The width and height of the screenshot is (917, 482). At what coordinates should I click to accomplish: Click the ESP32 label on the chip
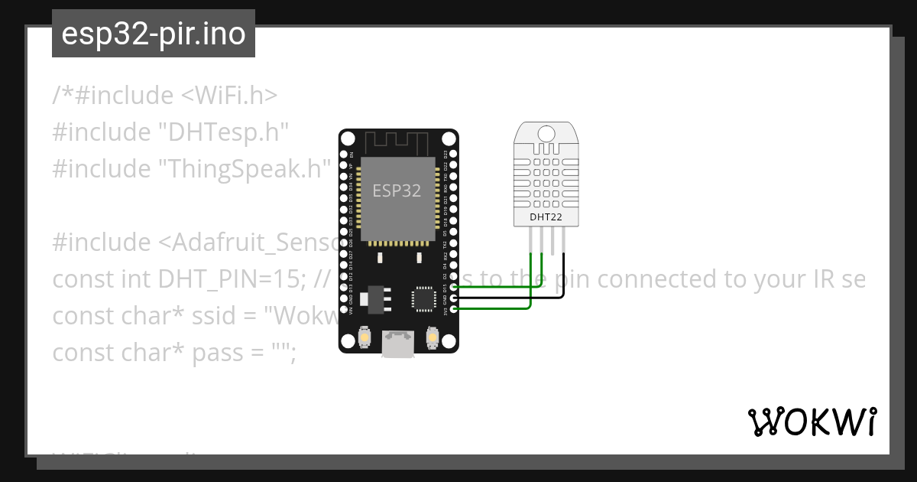coord(397,191)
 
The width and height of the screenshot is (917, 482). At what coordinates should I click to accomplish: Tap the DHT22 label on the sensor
coord(546,217)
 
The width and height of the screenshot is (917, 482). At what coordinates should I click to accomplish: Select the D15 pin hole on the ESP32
coord(454,288)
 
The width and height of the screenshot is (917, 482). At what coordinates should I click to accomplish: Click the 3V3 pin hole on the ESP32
coord(454,309)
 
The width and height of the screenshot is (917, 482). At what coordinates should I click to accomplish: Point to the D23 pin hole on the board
coord(454,155)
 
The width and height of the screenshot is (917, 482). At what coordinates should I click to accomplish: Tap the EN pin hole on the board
coord(344,155)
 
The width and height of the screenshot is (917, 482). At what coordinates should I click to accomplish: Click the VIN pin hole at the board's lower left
coord(344,309)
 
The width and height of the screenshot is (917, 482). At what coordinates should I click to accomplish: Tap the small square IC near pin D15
coord(423,298)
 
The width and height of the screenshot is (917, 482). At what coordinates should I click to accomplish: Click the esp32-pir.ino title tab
coord(154,34)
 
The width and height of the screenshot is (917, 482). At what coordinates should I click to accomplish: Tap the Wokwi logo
coord(812,422)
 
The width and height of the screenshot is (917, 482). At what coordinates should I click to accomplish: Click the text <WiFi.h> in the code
coord(229,96)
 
